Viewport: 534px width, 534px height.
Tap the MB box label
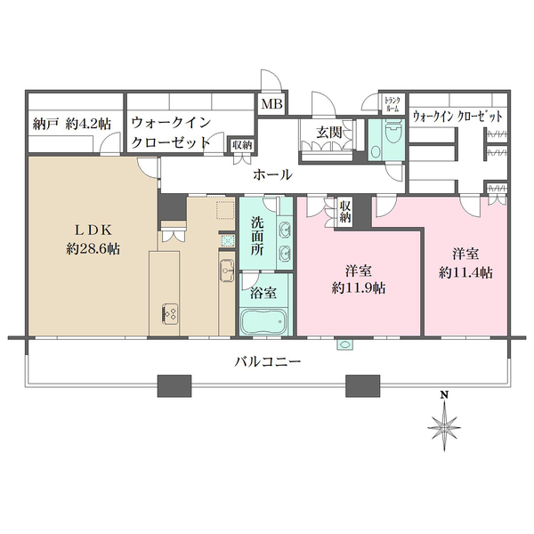pos(270,104)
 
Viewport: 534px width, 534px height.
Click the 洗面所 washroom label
pos(258,233)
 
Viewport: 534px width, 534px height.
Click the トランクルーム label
pos(392,104)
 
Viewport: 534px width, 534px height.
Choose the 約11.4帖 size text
pos(465,272)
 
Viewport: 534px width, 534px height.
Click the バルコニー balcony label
pos(268,362)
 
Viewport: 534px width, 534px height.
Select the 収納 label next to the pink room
pos(344,211)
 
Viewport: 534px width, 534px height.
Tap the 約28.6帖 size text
pos(92,249)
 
